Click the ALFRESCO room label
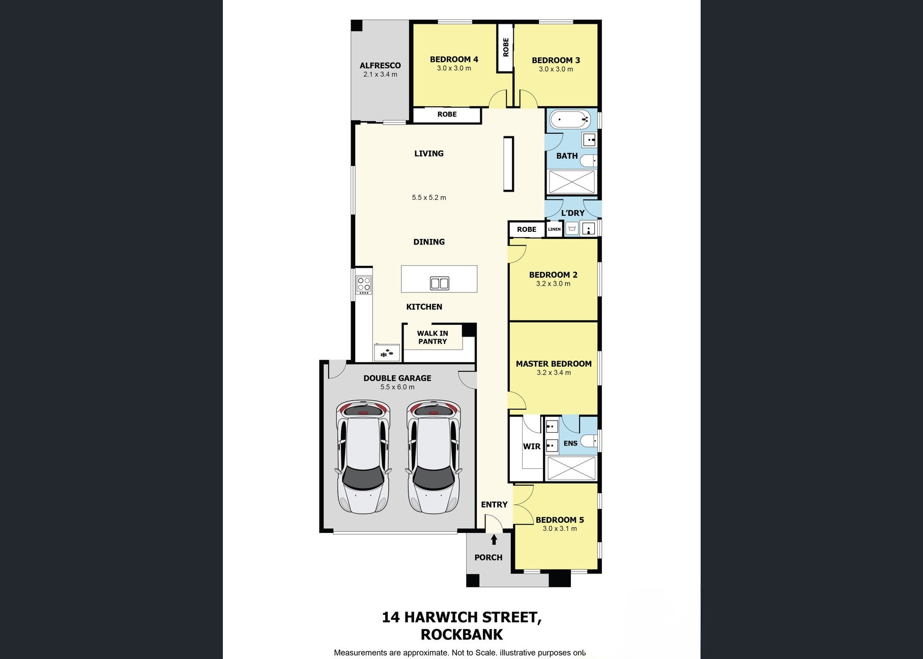pos(380,66)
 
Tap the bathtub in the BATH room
pos(570,120)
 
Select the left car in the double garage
pos(363,457)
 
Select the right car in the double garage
pos(434,457)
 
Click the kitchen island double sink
pos(440,283)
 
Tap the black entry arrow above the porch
pos(494,540)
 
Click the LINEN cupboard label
pos(554,229)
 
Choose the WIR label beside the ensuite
pos(532,446)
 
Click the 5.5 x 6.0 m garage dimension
pos(397,387)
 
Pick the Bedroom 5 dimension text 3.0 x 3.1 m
pos(560,528)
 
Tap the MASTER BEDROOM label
pos(554,364)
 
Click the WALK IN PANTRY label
pos(432,337)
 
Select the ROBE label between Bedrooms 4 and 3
pos(506,47)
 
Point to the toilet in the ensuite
pos(589,441)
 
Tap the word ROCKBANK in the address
pos(461,635)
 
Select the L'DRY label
pos(572,213)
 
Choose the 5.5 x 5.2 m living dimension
pos(429,197)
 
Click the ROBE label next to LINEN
pos(527,229)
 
